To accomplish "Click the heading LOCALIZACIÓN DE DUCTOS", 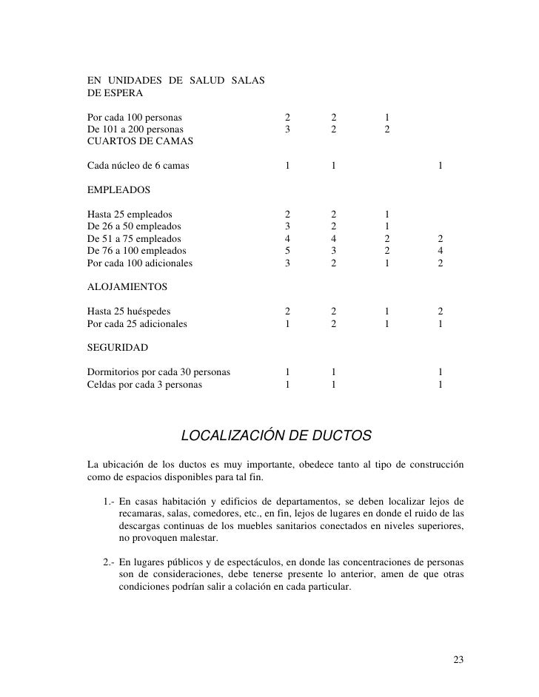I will coord(276,435).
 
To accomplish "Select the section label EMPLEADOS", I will coord(118,190).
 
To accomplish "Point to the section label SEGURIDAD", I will coord(118,347).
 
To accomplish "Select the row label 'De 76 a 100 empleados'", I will coord(136,250).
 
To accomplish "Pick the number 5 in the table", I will coord(288,250).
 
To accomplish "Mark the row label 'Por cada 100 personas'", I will coord(134,117).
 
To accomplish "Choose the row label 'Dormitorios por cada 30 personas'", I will coord(158,371).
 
